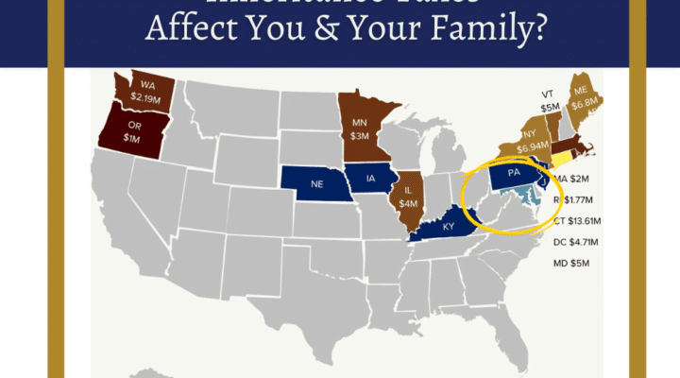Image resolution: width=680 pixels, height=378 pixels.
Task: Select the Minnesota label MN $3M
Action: (x=359, y=129)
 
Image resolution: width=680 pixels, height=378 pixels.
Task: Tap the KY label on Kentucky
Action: (x=448, y=227)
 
